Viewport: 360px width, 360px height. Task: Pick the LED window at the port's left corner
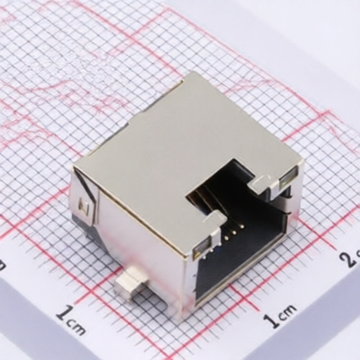(202, 245)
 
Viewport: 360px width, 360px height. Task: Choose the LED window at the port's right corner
(287, 182)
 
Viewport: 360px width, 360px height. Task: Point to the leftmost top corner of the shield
(75, 167)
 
